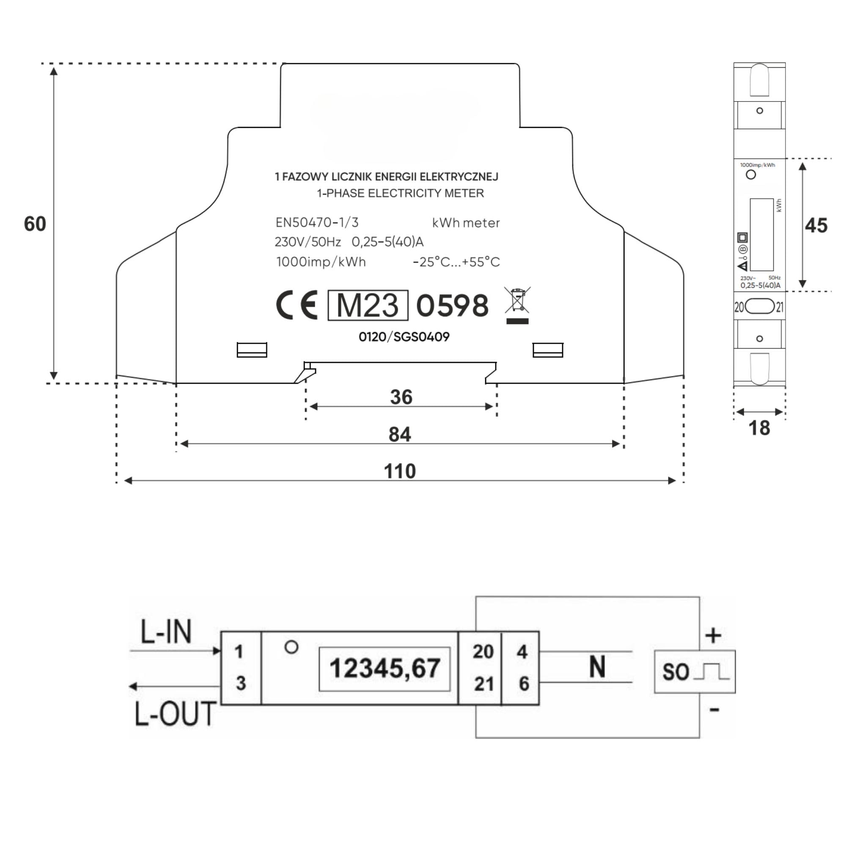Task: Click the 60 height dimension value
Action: point(35,224)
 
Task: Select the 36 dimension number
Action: point(401,397)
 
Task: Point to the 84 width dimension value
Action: point(399,434)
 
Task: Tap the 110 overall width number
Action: point(399,471)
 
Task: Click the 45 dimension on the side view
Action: point(816,225)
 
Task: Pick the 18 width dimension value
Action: point(759,428)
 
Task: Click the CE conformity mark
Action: point(297,305)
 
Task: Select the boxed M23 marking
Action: point(368,305)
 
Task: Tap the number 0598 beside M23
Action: point(452,305)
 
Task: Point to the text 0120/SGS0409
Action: point(404,337)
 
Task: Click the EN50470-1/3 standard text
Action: point(316,222)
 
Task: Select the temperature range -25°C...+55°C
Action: point(456,262)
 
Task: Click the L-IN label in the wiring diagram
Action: point(166,632)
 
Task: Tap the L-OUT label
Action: point(175,714)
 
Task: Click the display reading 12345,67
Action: point(385,668)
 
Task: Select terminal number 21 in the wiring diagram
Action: point(484,684)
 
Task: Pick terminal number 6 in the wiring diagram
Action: point(524,684)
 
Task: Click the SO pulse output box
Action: point(695,671)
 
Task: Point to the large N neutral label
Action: point(597,667)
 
